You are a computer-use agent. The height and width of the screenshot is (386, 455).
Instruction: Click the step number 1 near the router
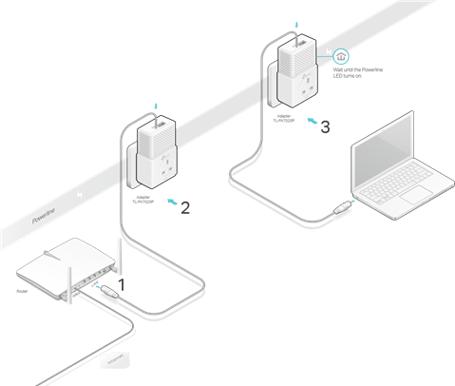[x=121, y=283]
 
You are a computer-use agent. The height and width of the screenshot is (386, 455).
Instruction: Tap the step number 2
[x=185, y=207]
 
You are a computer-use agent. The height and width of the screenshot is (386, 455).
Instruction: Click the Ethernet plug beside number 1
[x=108, y=290]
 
